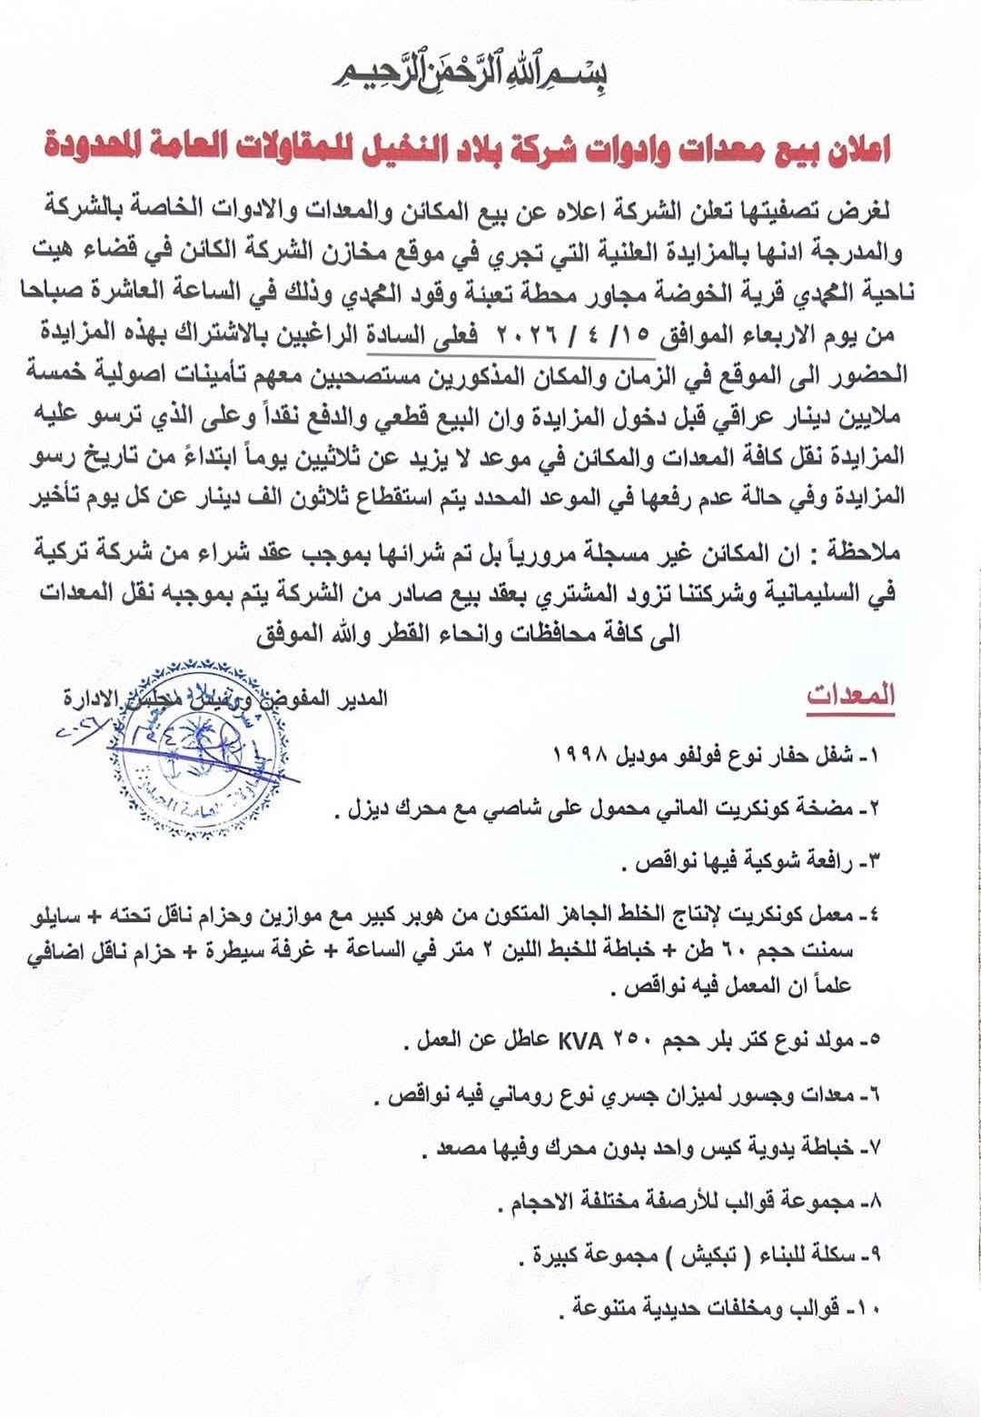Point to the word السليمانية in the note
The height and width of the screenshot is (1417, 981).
pyautogui.click(x=830, y=592)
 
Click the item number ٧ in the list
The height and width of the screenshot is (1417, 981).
pyautogui.click(x=876, y=1148)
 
